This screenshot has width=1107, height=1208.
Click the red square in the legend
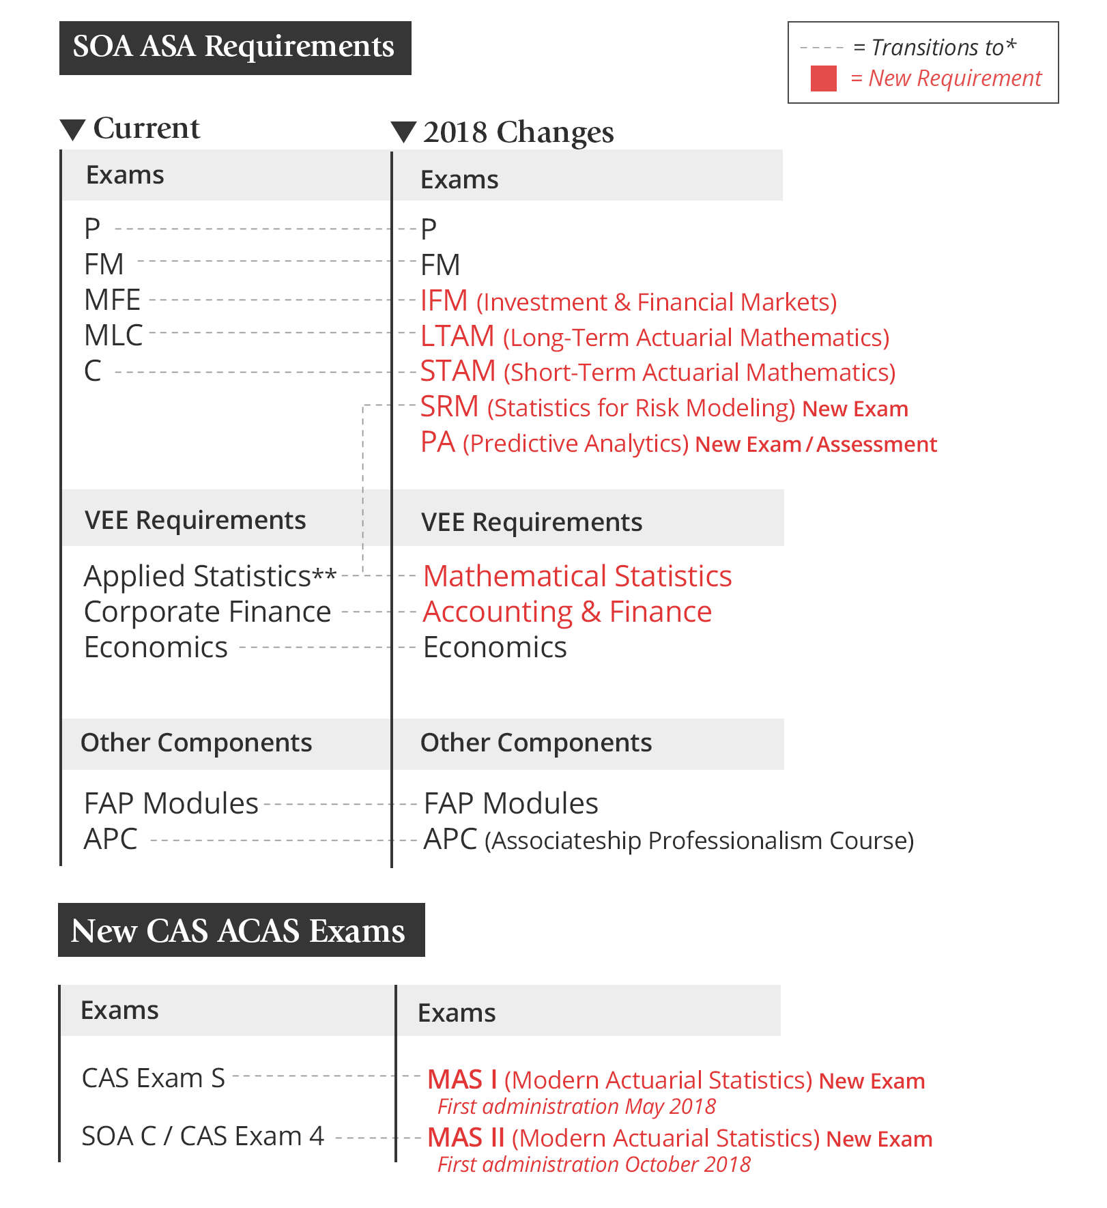point(823,78)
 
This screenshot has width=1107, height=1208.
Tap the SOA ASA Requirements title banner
point(235,48)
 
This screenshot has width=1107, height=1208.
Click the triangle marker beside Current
point(72,129)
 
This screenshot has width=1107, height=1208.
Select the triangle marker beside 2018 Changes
point(403,132)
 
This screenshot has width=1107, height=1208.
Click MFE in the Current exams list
point(112,300)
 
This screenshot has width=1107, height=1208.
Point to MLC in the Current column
point(113,336)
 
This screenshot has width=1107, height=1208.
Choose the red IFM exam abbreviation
point(444,301)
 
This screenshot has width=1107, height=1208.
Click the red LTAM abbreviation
point(457,336)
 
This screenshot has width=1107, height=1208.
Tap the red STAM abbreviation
point(457,372)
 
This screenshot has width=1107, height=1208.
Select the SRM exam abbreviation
point(449,407)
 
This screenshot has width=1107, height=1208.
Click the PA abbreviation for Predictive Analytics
point(437,443)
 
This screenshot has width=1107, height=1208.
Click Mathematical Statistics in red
point(577,577)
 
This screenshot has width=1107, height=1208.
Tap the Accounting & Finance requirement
point(567,612)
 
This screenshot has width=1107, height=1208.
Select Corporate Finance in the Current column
point(207,612)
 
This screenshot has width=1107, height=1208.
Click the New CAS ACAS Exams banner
point(241,930)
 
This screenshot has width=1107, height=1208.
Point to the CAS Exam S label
point(153,1078)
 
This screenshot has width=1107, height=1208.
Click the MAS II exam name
point(465,1138)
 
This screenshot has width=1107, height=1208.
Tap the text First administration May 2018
point(576,1106)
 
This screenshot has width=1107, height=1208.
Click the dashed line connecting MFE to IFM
point(273,300)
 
